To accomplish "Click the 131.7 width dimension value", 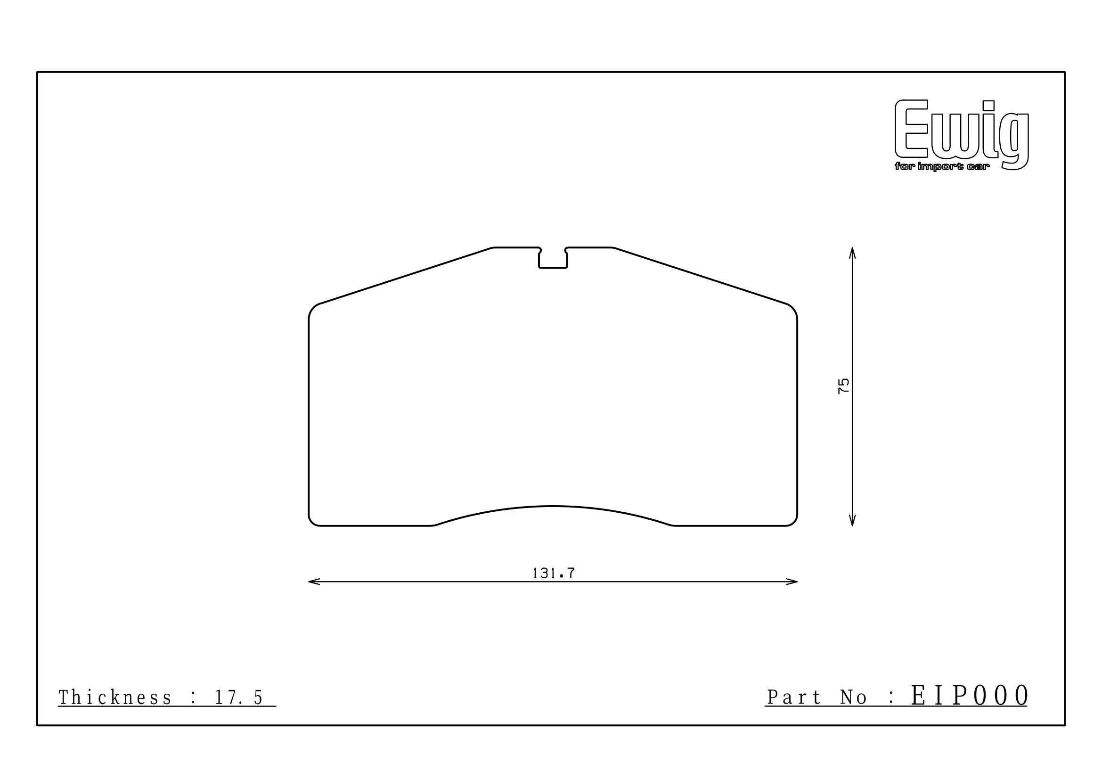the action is pyautogui.click(x=554, y=573).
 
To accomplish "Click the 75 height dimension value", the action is pyautogui.click(x=843, y=386).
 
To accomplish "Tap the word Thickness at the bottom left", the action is pyautogui.click(x=115, y=697).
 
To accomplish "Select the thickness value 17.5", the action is pyautogui.click(x=238, y=697).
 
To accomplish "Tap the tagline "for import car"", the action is pyautogui.click(x=935, y=167).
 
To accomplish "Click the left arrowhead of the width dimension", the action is pyautogui.click(x=314, y=582).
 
